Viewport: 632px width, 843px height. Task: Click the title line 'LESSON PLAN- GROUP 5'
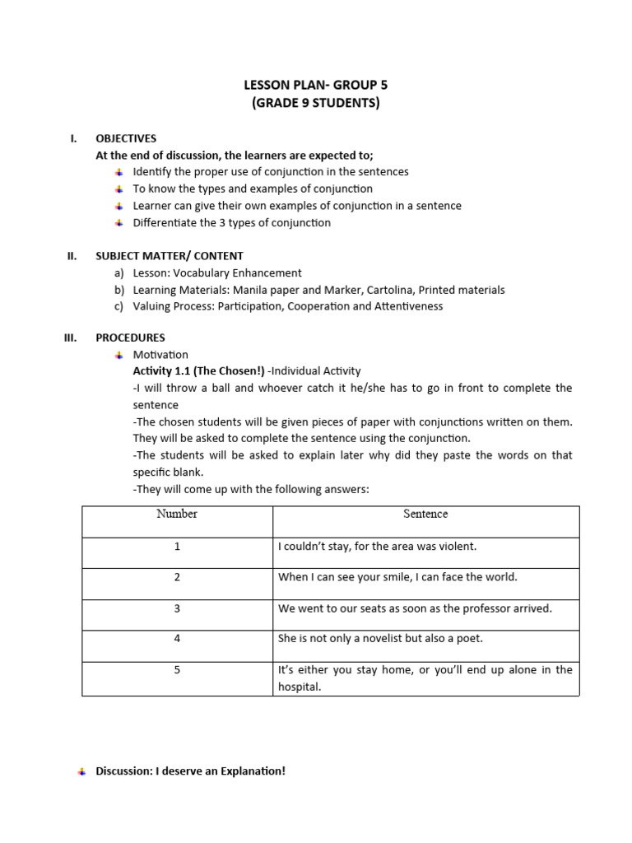point(316,85)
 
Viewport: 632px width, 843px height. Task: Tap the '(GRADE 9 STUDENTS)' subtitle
point(316,103)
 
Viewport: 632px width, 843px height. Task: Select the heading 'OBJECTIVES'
point(126,138)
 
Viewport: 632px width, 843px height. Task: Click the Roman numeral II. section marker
point(72,256)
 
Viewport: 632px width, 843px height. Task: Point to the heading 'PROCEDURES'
point(130,338)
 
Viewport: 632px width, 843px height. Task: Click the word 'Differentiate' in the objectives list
point(165,223)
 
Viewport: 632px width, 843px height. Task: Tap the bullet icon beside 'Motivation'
point(118,355)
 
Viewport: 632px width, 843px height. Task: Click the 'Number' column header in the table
point(177,514)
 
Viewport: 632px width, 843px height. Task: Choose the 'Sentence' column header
point(425,514)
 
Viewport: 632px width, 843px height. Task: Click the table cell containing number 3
point(177,608)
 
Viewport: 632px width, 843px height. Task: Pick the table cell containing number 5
point(177,670)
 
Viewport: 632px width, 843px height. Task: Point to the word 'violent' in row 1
point(457,546)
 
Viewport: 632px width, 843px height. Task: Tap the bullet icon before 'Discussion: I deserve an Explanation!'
point(81,772)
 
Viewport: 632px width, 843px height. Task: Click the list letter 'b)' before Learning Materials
point(120,290)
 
